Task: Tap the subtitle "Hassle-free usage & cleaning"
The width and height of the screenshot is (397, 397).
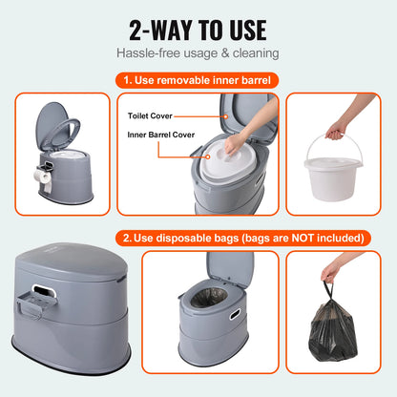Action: [198, 54]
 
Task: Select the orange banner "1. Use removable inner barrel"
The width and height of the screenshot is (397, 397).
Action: [198, 82]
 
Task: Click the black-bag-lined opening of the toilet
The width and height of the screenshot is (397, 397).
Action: [204, 320]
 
